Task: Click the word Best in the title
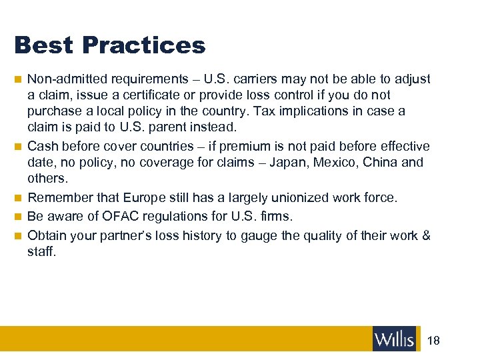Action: click(x=43, y=45)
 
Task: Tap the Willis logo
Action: click(x=394, y=339)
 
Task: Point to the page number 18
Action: click(x=433, y=340)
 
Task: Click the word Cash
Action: click(x=42, y=146)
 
